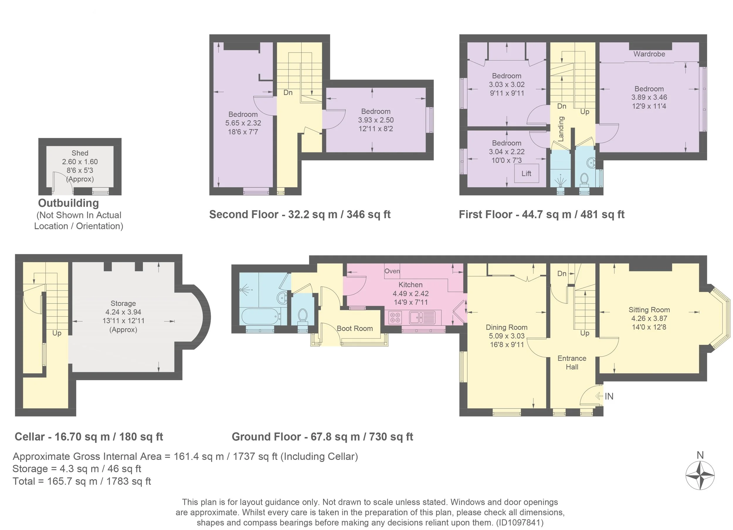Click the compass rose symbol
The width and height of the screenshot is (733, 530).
pos(700,475)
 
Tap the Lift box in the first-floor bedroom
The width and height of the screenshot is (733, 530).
pos(527,173)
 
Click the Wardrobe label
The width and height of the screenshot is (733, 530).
pos(649,54)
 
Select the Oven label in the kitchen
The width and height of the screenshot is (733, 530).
pos(392,271)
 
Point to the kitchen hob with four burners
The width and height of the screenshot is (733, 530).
pos(395,317)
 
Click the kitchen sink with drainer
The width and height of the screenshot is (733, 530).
pos(422,317)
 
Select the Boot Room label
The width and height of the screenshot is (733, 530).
pos(354,328)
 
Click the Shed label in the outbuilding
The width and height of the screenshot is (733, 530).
pos(80,153)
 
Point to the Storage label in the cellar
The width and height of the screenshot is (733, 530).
pos(123,303)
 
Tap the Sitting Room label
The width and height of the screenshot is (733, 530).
pos(649,310)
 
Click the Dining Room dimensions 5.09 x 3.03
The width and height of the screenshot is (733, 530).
pos(506,336)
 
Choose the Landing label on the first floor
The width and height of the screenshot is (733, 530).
pos(561,129)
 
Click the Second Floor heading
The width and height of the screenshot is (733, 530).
pos(244,215)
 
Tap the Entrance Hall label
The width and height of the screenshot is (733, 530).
pos(572,362)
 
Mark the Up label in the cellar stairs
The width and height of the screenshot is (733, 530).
pos(57,333)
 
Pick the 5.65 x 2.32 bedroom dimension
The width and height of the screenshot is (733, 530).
pos(243,123)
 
